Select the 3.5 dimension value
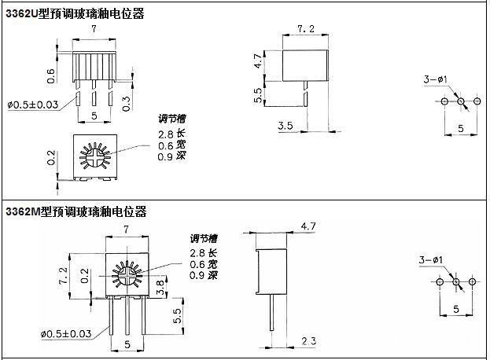click(286, 125)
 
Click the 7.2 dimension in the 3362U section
click(306, 29)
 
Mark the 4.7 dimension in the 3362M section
click(308, 226)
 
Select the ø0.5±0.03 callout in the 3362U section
click(32, 105)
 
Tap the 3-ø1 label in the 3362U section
click(435, 80)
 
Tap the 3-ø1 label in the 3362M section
click(430, 259)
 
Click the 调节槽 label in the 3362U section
click(172, 119)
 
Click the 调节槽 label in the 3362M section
click(204, 238)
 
